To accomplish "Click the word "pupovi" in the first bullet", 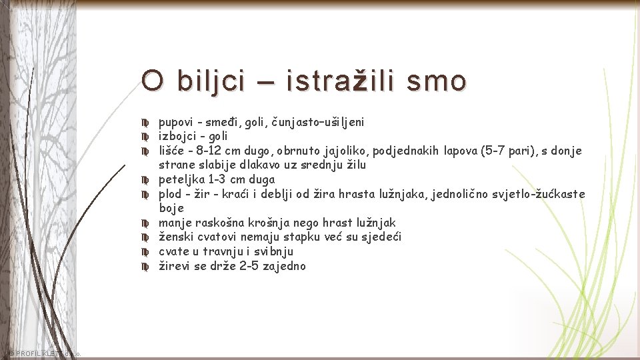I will pos(175,122).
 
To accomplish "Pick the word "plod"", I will pos(170,194).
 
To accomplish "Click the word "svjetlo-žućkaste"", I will pos(543,194).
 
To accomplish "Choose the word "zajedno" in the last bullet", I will pos(284,266).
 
